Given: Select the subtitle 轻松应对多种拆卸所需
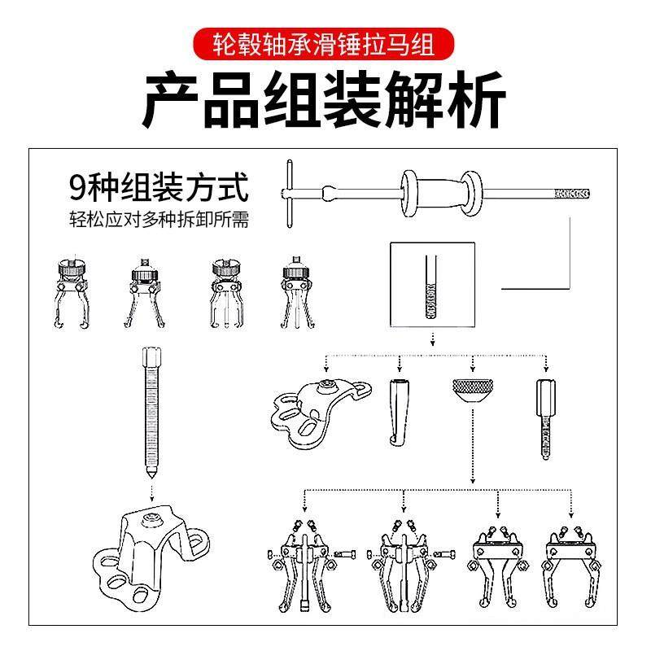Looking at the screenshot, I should point(158,219).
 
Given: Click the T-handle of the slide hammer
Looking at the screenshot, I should point(290,192).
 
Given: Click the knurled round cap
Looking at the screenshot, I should point(471,395).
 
